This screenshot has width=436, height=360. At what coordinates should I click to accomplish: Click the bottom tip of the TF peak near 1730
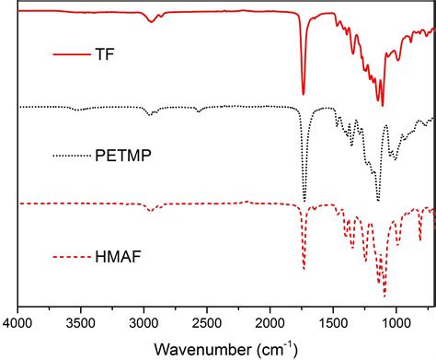pos(304,94)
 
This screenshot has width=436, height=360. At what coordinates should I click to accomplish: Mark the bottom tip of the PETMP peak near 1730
pos(304,200)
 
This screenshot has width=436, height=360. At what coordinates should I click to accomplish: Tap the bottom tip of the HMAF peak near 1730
pos(304,269)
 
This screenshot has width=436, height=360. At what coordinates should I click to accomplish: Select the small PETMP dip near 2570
pos(199,111)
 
